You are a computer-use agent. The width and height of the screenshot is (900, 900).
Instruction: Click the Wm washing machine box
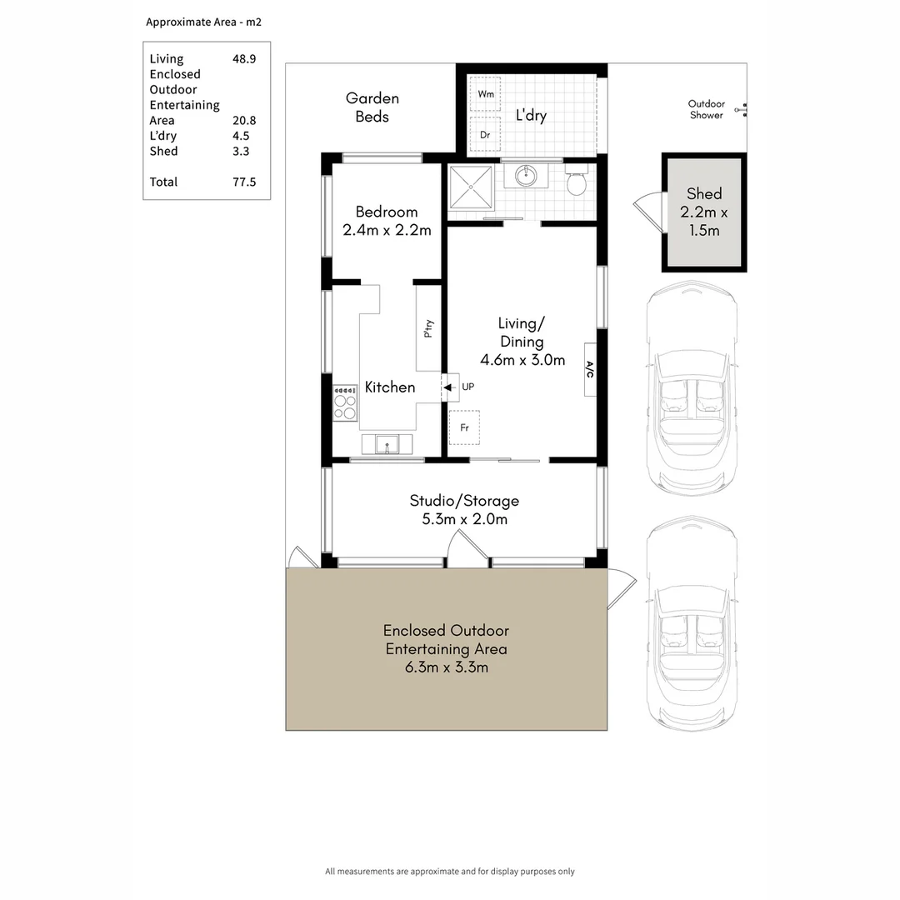[485, 95]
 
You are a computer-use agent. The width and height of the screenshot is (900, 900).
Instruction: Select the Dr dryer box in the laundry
[485, 134]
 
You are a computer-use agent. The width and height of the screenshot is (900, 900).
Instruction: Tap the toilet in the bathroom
[577, 181]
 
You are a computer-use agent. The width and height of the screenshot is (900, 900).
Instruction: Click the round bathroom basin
[526, 176]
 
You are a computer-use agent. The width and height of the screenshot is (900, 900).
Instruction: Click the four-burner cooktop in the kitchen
[345, 402]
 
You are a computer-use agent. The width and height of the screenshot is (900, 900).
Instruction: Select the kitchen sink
[387, 443]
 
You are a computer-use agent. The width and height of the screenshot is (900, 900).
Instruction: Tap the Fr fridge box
[464, 427]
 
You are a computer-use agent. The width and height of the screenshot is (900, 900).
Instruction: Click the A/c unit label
[590, 369]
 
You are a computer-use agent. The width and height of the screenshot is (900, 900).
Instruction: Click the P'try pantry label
[428, 329]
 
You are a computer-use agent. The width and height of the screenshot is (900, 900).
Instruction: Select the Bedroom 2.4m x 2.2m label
[386, 221]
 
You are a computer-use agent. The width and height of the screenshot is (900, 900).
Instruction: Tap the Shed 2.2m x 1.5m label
[704, 212]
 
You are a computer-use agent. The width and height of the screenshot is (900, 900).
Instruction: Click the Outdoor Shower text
[706, 109]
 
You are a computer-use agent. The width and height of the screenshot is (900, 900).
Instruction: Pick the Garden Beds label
[372, 107]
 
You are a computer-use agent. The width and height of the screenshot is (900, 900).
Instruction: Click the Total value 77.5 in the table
[244, 182]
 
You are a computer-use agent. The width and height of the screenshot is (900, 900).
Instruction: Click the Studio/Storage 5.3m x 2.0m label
[464, 509]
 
